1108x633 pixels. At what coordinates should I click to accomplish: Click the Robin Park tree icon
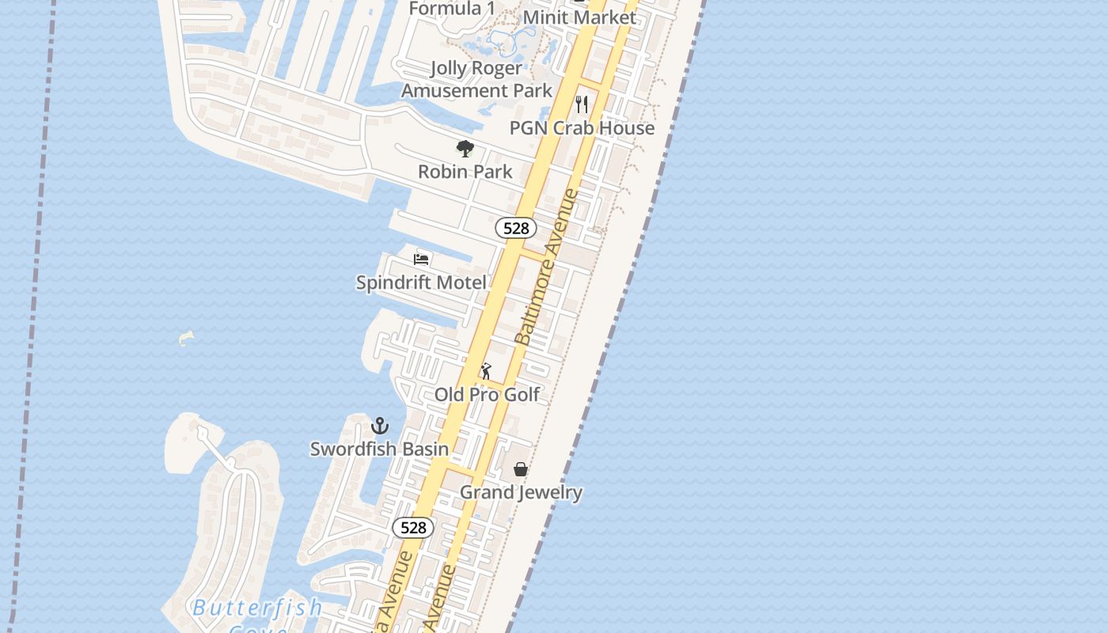click(x=465, y=148)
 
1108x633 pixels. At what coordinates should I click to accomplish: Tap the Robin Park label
click(x=465, y=172)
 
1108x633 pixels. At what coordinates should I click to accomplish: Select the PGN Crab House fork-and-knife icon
click(x=582, y=104)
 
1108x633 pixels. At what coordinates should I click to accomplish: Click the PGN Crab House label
click(x=582, y=128)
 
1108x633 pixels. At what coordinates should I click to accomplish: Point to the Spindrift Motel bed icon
click(x=421, y=259)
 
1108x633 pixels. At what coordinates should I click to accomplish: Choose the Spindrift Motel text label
click(x=421, y=282)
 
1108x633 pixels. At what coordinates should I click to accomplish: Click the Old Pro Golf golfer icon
click(x=486, y=370)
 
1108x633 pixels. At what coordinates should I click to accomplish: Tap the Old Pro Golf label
click(x=487, y=394)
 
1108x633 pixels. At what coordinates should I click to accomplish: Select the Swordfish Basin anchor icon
click(x=380, y=426)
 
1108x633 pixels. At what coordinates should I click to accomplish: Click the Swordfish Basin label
click(x=379, y=449)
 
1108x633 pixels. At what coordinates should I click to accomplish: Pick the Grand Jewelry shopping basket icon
click(x=521, y=469)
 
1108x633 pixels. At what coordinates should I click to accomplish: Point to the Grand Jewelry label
click(x=521, y=492)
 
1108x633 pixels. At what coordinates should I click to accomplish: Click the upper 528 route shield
click(x=516, y=229)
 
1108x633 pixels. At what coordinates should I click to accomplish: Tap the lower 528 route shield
click(x=413, y=528)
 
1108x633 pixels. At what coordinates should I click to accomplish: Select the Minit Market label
click(x=579, y=17)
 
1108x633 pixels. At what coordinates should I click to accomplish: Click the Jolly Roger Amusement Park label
click(x=476, y=80)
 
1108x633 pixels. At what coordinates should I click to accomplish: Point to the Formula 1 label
click(x=446, y=9)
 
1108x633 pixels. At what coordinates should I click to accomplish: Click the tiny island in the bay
click(x=186, y=339)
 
